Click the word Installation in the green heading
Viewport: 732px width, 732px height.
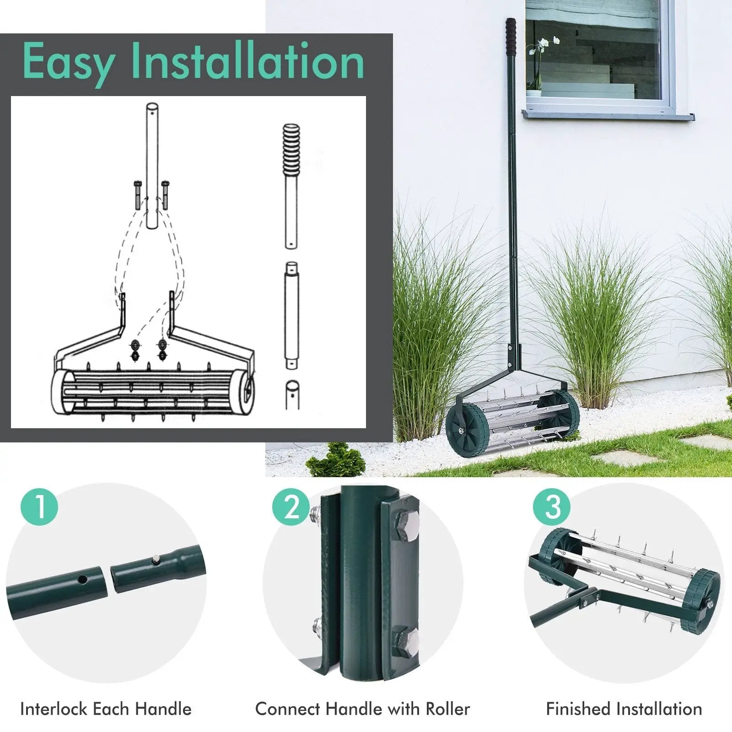tap(248, 61)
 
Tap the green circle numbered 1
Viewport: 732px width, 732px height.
tap(39, 506)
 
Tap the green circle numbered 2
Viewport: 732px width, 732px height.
tap(291, 506)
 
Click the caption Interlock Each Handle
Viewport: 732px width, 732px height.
tap(106, 709)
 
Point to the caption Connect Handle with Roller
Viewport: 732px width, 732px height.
tap(362, 709)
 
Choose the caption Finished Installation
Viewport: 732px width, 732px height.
tap(624, 709)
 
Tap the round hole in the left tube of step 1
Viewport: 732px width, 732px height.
tap(82, 579)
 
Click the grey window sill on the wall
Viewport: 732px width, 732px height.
tap(608, 114)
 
